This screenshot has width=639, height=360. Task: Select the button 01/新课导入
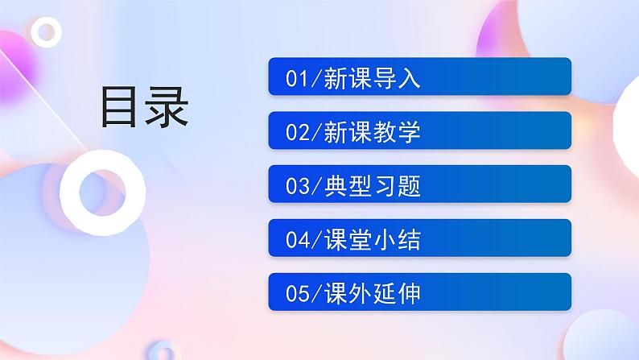(x=419, y=77)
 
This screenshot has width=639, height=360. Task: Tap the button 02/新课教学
(x=419, y=130)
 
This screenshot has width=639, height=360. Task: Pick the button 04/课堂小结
(x=419, y=238)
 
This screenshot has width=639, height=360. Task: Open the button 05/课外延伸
(x=419, y=292)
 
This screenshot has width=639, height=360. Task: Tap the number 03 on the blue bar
(x=296, y=188)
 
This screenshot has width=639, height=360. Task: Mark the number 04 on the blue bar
(x=296, y=241)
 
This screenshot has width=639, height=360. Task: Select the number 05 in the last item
(x=296, y=295)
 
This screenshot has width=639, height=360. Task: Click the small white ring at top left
(x=47, y=31)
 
